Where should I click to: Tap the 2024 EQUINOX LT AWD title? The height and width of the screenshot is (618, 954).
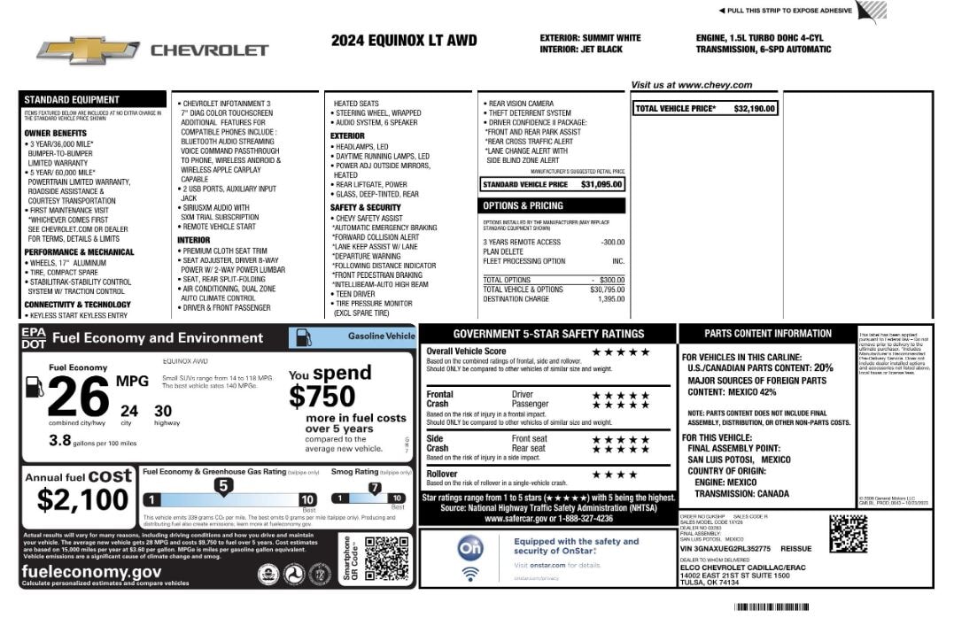tap(404, 41)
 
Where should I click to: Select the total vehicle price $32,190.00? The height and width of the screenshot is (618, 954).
tap(754, 109)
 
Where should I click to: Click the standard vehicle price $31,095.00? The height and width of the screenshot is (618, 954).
tap(601, 184)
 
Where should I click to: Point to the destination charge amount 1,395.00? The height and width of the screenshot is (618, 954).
tap(611, 298)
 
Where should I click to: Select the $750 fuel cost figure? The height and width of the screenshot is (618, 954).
tap(322, 396)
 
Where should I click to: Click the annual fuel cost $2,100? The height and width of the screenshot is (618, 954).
tap(83, 500)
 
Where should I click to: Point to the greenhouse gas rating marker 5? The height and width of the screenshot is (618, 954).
tap(224, 486)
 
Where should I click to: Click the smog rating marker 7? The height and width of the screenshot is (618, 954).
tap(374, 488)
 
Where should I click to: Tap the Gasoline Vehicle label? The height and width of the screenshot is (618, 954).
tap(381, 336)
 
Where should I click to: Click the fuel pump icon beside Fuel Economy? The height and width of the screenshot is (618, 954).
tap(35, 386)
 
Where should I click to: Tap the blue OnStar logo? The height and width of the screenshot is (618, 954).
tap(470, 549)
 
